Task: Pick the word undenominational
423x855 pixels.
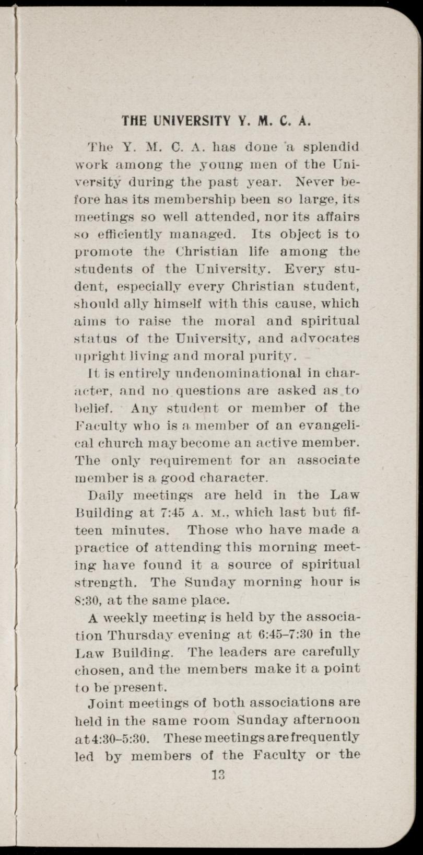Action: [222, 373]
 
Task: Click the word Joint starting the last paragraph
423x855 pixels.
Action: [105, 702]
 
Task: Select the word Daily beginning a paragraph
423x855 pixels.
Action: [107, 495]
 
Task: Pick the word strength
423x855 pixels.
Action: [108, 582]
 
